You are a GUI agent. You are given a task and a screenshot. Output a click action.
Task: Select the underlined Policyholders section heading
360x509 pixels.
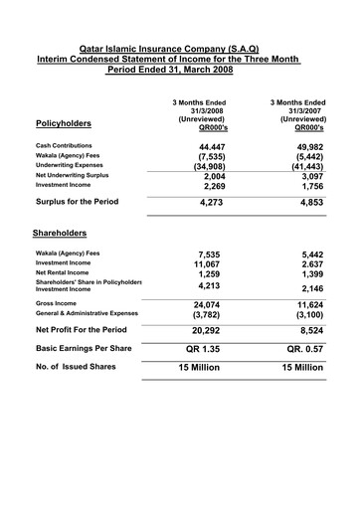63,124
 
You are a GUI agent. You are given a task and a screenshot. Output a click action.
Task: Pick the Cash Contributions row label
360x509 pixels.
63,145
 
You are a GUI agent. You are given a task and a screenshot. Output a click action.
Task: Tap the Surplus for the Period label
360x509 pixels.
77,202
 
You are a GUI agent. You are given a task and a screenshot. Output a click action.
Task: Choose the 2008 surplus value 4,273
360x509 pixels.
206,203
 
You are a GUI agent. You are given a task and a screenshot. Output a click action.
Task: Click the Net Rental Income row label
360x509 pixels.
62,272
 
